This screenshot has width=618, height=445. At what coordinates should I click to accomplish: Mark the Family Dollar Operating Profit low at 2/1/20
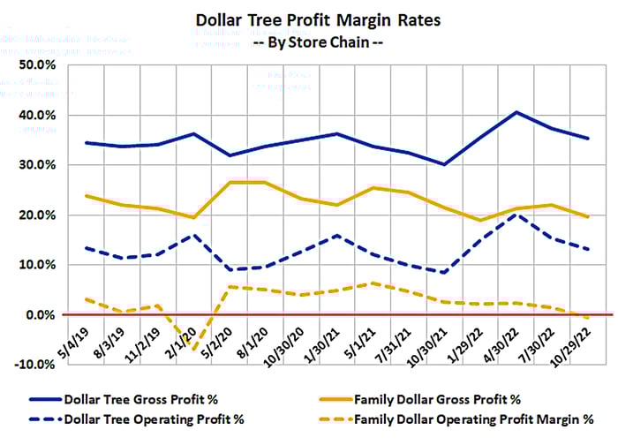(193, 351)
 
